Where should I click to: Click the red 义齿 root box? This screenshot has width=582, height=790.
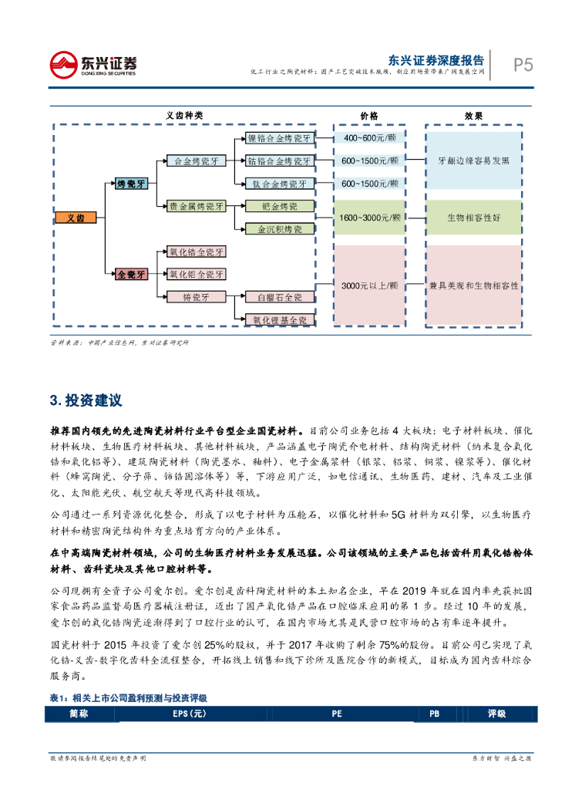click(76, 218)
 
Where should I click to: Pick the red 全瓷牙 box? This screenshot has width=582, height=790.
click(130, 273)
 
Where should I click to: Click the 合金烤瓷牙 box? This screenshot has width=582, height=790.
click(197, 161)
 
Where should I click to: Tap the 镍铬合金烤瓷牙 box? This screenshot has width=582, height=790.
click(278, 139)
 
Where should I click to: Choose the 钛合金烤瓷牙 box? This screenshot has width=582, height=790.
click(278, 184)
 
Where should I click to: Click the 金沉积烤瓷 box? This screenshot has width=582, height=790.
click(278, 229)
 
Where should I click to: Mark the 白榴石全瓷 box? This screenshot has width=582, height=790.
click(278, 296)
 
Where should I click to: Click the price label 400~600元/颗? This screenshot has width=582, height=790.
click(368, 138)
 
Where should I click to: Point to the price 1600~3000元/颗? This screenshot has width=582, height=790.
click(368, 218)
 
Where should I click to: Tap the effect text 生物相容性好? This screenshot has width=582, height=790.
click(473, 218)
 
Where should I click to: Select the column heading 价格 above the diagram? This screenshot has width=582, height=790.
click(368, 115)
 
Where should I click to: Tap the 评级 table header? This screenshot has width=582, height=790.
click(496, 714)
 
